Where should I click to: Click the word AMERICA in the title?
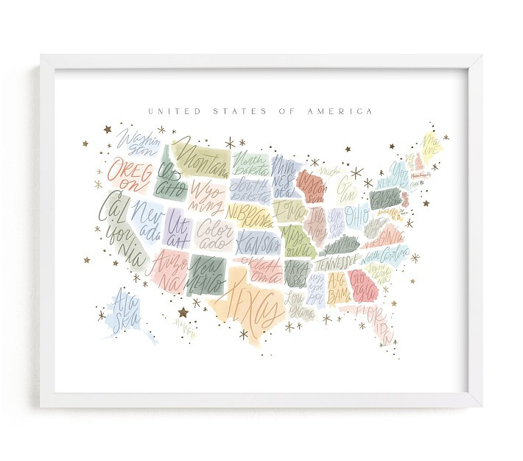[x=346, y=111]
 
